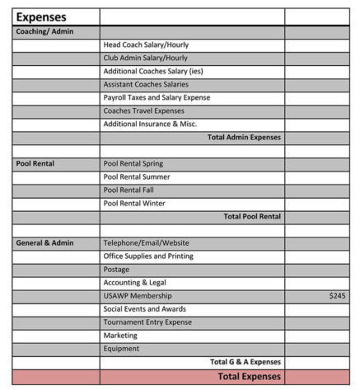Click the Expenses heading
[41, 16]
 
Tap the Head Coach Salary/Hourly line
[144, 45]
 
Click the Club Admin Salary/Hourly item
[145, 58]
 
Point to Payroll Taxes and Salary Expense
[156, 97]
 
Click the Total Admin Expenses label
[244, 137]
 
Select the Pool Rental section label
[35, 163]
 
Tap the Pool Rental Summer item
[137, 176]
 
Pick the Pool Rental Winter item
[134, 203]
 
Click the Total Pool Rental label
[252, 216]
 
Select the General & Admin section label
[44, 242]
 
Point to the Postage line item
[116, 269]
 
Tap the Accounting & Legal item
[134, 282]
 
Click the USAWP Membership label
[138, 295]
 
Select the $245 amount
[337, 295]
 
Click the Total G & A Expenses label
[245, 361]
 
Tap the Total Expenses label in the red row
[249, 376]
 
